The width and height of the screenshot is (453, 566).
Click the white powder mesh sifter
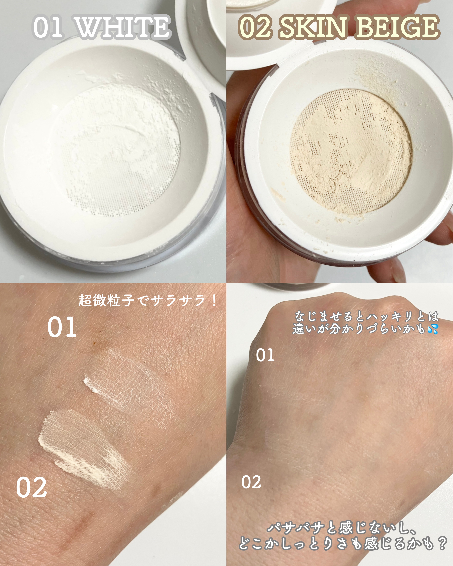(118, 150)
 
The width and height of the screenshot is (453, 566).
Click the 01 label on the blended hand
(265, 355)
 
